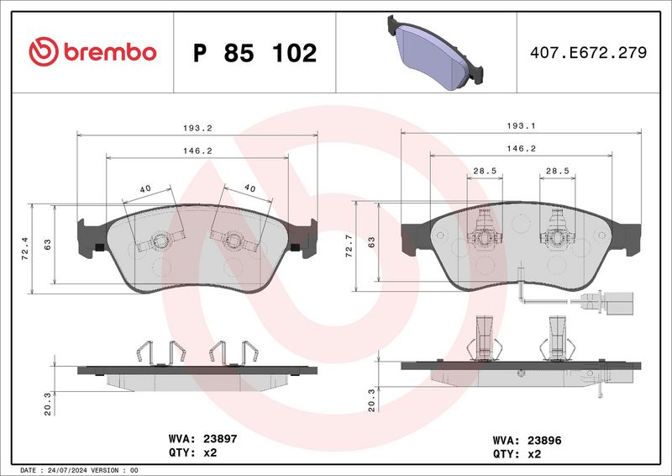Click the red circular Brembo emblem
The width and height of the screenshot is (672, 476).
(x=45, y=52)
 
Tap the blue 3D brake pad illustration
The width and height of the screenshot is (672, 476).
(x=432, y=52)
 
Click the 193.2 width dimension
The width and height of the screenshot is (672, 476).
(x=197, y=128)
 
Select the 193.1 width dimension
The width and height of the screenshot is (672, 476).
(x=522, y=126)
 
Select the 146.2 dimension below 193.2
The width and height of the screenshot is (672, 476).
(x=197, y=151)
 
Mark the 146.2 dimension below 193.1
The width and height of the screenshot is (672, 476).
(x=520, y=148)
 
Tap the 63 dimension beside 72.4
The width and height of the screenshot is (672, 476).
(x=48, y=245)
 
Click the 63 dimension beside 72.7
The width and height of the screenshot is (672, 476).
(x=370, y=245)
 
